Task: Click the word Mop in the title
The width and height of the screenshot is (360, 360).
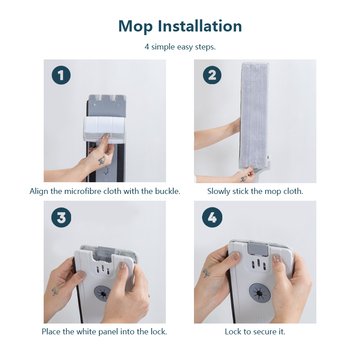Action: [135, 27]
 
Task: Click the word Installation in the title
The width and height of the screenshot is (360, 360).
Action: [199, 26]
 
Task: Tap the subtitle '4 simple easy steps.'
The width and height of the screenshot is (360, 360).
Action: [180, 47]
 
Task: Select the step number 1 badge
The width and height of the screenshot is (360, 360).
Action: [61, 75]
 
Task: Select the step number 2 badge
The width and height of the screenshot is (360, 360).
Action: [212, 75]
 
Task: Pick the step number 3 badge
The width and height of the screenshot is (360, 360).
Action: [61, 217]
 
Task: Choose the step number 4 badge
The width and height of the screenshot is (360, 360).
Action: [212, 217]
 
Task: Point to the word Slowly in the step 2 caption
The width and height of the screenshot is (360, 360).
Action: [219, 191]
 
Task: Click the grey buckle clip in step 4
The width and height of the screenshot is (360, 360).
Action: [258, 249]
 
